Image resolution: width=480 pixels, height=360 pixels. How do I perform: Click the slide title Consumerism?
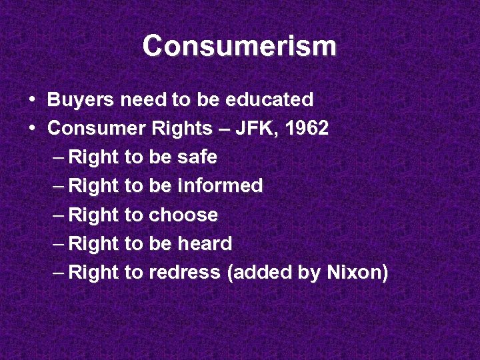pyautogui.click(x=239, y=47)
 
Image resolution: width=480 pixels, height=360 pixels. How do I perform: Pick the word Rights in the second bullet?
pyautogui.click(x=171, y=129)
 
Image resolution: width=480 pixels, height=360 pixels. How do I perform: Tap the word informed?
pyautogui.click(x=221, y=187)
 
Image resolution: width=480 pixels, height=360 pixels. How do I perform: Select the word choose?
pyautogui.click(x=183, y=215)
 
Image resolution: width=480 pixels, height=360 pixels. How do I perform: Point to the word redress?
pyautogui.click(x=185, y=273)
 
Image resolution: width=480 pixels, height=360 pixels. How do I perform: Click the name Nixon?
pyautogui.click(x=357, y=273)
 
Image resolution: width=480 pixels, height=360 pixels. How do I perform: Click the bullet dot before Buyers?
pyautogui.click(x=33, y=100)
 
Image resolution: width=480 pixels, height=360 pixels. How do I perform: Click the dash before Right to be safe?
pyautogui.click(x=58, y=158)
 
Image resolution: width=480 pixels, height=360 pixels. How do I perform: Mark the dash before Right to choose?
pyautogui.click(x=58, y=215)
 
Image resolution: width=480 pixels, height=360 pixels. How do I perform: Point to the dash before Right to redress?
pyautogui.click(x=58, y=273)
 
